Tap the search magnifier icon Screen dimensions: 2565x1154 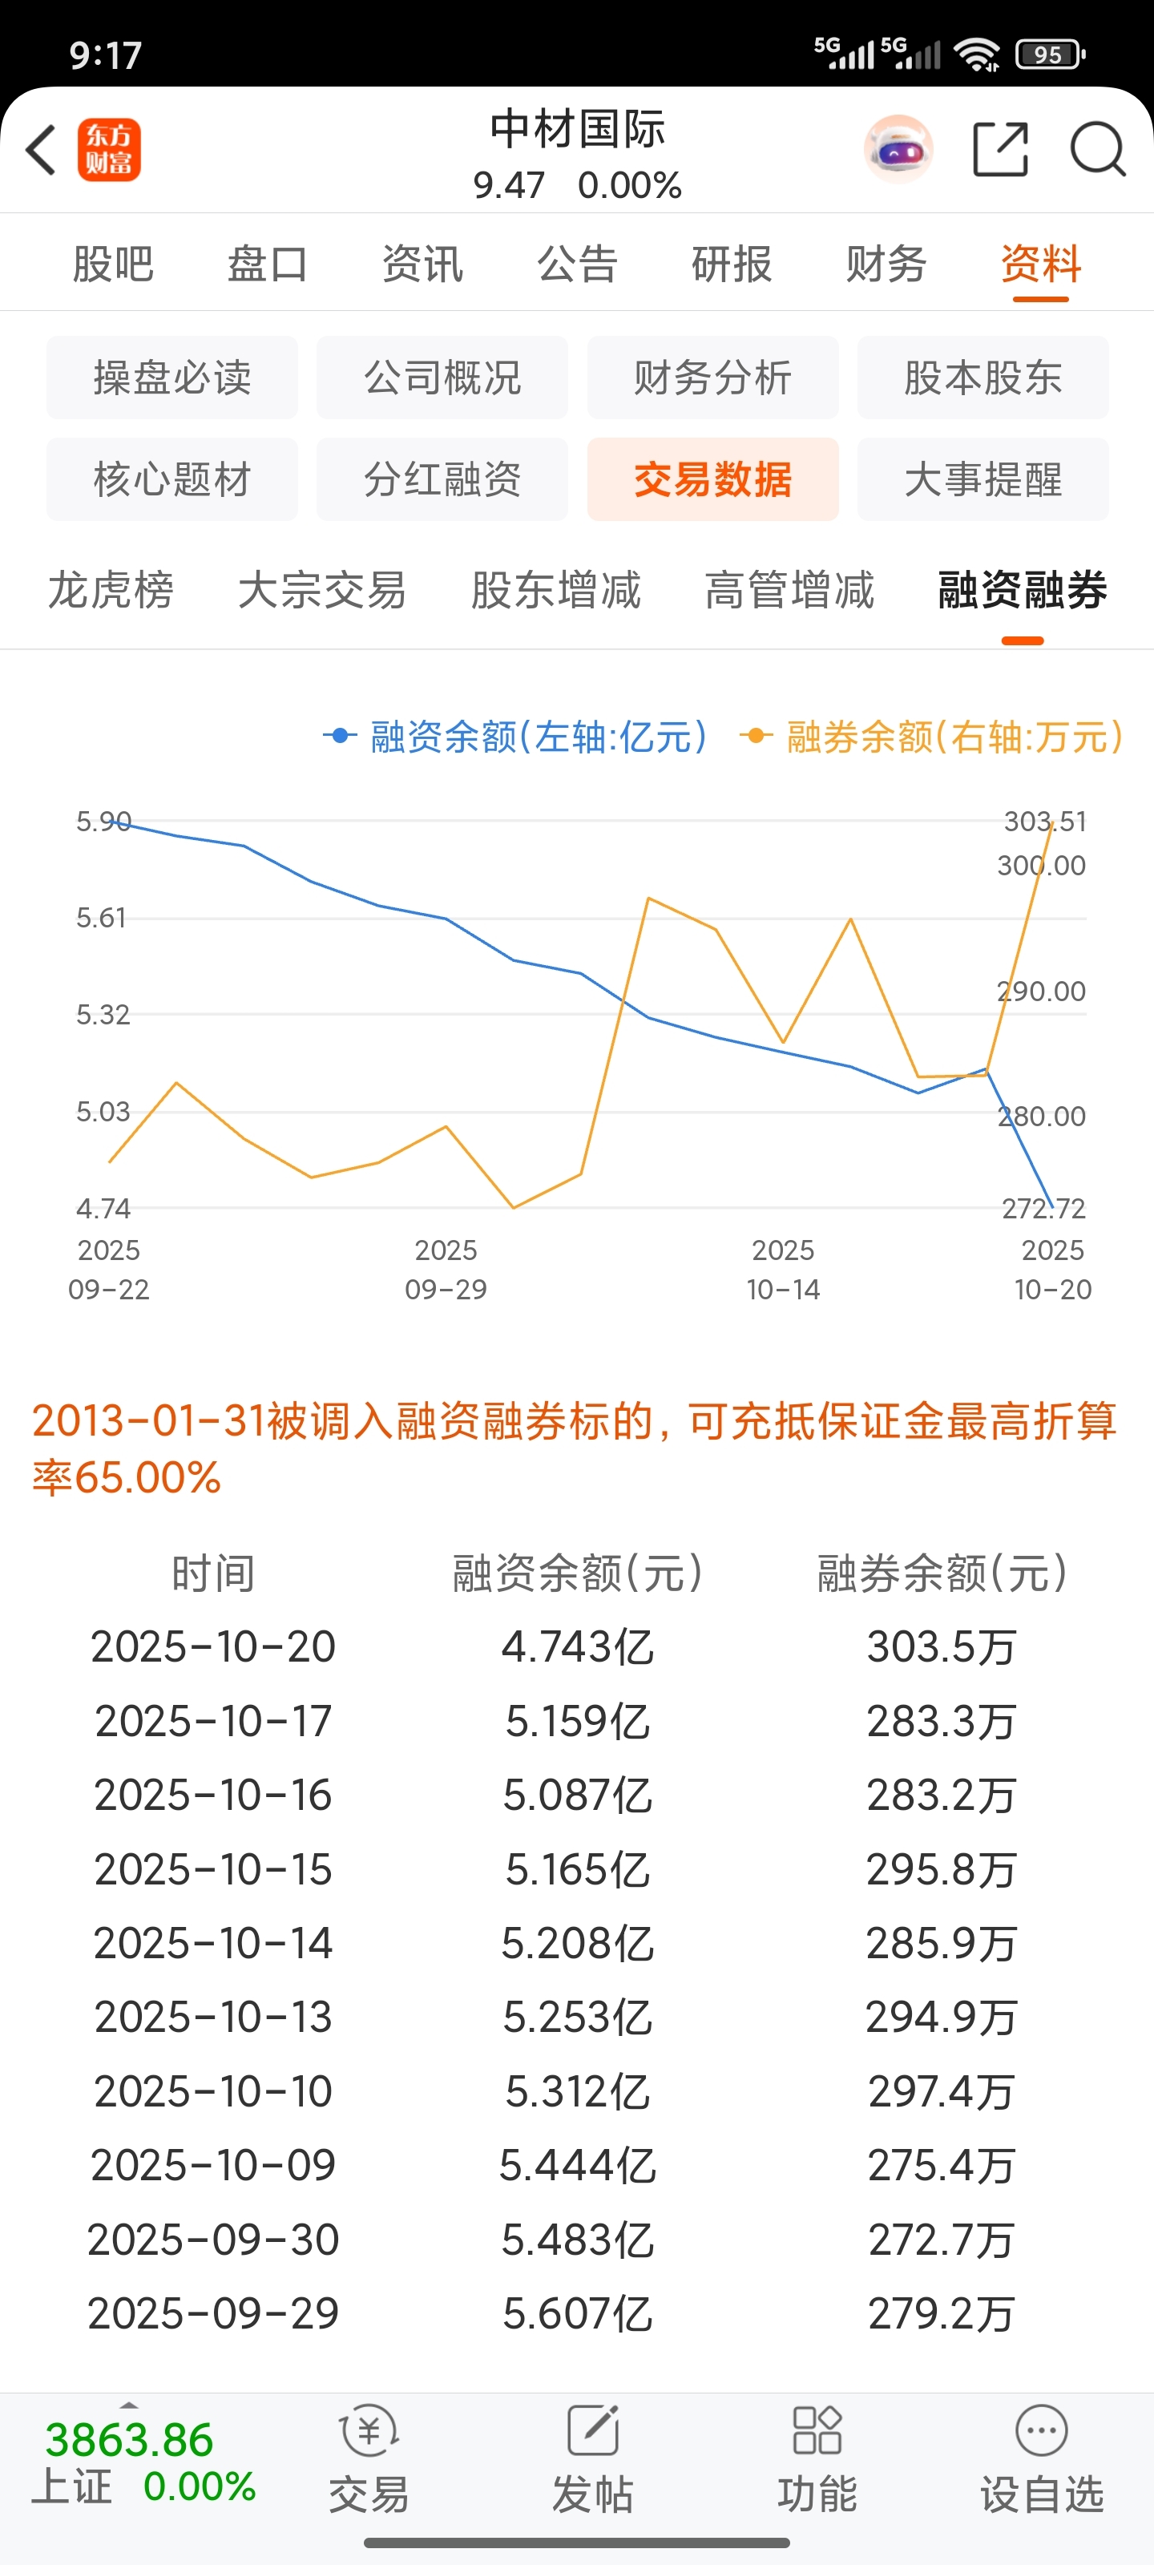pos(1097,151)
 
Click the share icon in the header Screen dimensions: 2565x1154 pos(999,151)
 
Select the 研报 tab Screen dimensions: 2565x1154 pos(732,264)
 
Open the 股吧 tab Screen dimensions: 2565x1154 pos(112,264)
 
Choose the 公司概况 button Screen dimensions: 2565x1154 pos(442,378)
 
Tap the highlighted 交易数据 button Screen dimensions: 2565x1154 pos(713,479)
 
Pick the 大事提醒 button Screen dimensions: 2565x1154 pos(983,479)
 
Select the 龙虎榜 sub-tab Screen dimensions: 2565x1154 pos(111,589)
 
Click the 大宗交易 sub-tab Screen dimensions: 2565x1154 pos(321,589)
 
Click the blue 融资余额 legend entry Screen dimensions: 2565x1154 pos(516,737)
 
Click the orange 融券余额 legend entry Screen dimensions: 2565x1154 pos(932,737)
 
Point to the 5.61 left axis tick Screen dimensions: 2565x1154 pos(103,917)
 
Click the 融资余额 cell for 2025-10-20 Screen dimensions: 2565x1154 pos(578,1647)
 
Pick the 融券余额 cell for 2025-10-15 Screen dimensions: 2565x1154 pos(941,1869)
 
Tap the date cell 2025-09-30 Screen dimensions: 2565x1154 pos(213,2240)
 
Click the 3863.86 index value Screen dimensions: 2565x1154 pos(130,2439)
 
